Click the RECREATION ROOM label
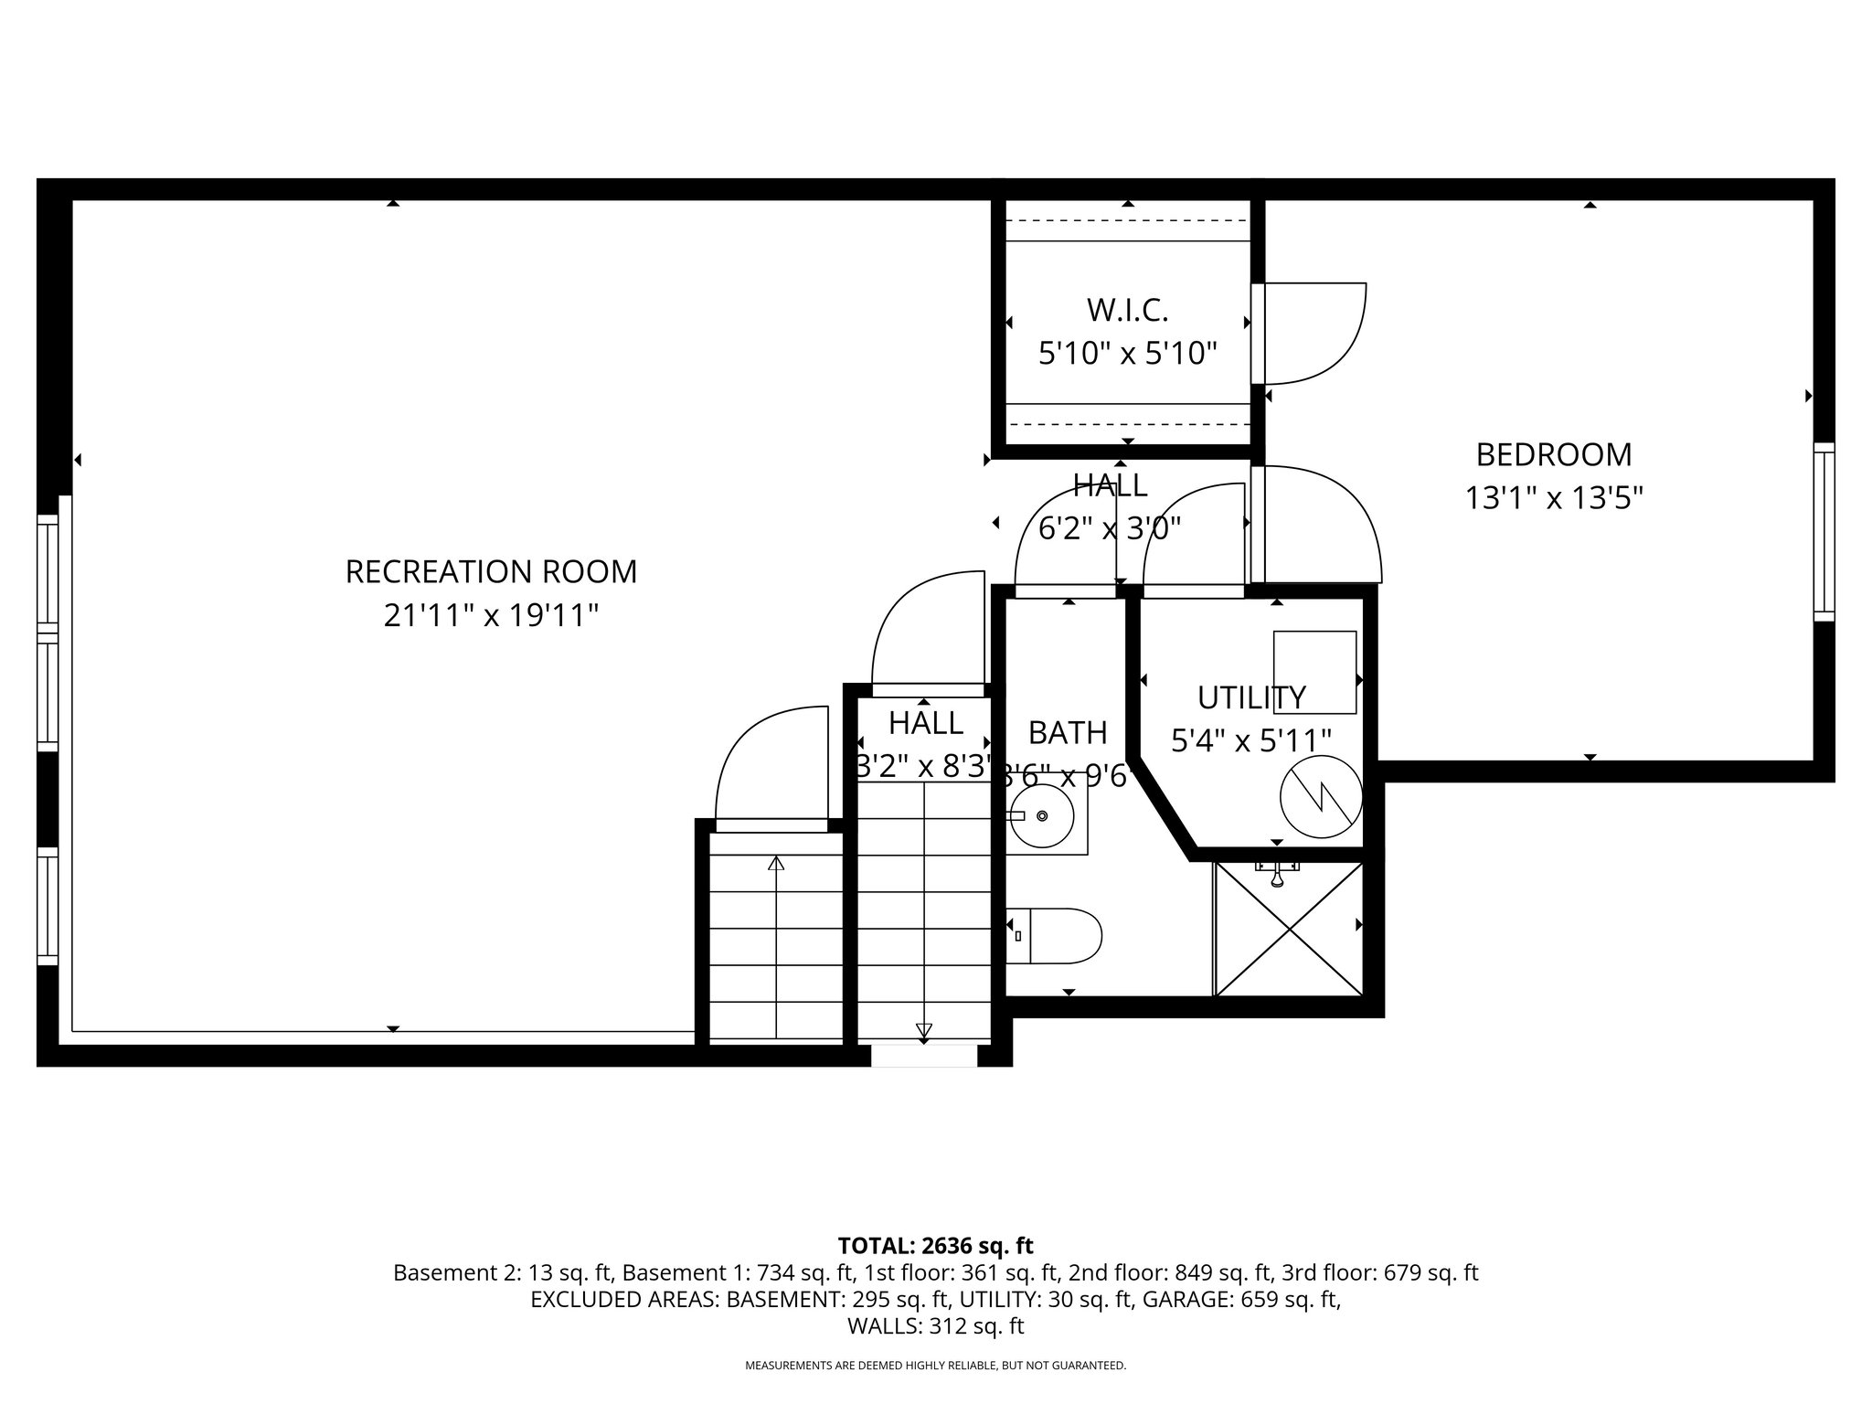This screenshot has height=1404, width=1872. pyautogui.click(x=491, y=572)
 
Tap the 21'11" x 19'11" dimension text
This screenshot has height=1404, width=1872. pyautogui.click(x=491, y=615)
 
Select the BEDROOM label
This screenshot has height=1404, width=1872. pyautogui.click(x=1554, y=454)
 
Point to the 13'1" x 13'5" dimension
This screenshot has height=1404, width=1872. pyautogui.click(x=1554, y=498)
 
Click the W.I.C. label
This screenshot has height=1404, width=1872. pyautogui.click(x=1127, y=311)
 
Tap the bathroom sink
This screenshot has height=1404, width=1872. pyautogui.click(x=1042, y=815)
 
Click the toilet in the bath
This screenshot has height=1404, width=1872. pyautogui.click(x=1056, y=935)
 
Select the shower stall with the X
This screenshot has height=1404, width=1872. pyautogui.click(x=1289, y=928)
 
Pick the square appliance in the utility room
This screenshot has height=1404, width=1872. pyautogui.click(x=1314, y=672)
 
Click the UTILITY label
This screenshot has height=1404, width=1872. pyautogui.click(x=1251, y=697)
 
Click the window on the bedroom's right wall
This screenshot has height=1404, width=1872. pyautogui.click(x=1824, y=532)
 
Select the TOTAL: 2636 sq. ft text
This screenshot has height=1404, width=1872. pyautogui.click(x=935, y=1245)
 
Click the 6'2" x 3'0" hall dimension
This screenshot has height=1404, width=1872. pyautogui.click(x=1110, y=527)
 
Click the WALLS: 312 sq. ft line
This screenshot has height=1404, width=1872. pyautogui.click(x=935, y=1325)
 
